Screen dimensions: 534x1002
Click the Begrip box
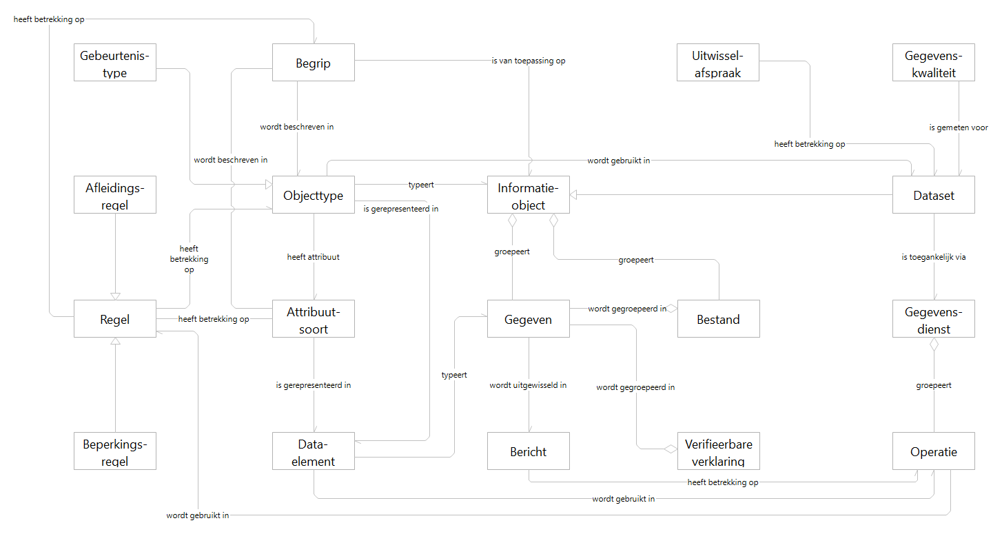(313, 63)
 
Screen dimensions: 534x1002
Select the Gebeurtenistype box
(115, 63)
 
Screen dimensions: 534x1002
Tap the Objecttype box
(313, 195)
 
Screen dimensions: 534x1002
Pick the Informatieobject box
(528, 195)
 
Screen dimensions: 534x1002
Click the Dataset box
(933, 195)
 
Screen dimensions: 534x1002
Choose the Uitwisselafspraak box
(717, 63)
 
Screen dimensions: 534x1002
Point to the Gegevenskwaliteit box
(933, 63)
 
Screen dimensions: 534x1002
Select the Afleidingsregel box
(115, 195)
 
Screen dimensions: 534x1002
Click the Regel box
(115, 319)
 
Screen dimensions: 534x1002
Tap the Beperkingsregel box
(115, 451)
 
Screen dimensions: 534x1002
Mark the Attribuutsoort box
(313, 319)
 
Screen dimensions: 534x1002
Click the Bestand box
(718, 319)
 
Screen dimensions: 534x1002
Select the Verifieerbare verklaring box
(718, 451)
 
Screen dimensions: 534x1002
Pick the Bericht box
(528, 451)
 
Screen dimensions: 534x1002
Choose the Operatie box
(933, 451)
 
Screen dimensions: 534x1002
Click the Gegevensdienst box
(933, 319)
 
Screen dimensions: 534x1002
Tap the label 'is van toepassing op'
(529, 61)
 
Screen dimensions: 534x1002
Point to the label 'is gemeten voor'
(958, 127)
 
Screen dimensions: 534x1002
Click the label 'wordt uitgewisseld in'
(528, 385)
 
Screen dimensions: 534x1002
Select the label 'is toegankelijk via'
(933, 257)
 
